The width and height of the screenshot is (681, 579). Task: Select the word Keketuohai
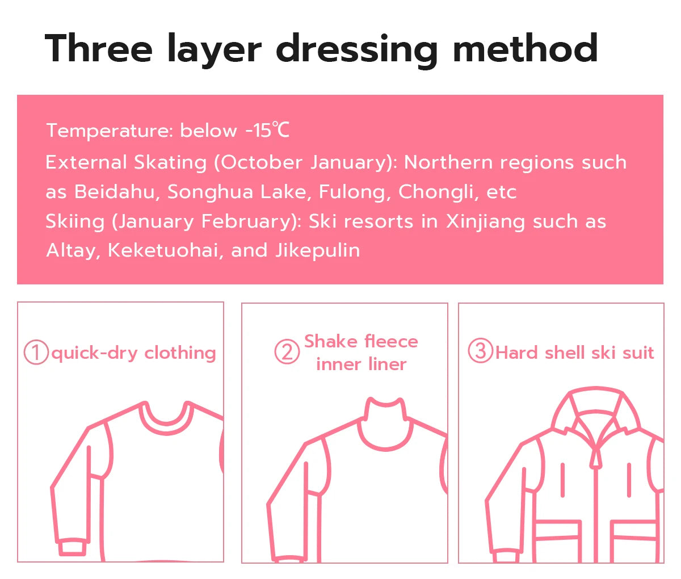[163, 250]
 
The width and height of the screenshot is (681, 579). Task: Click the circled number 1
[36, 353]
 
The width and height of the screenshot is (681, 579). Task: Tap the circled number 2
[287, 353]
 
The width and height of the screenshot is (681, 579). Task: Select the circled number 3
[480, 351]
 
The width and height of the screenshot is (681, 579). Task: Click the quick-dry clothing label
[133, 353]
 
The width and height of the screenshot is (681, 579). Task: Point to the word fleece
[391, 341]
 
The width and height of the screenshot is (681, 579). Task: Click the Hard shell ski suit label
[574, 353]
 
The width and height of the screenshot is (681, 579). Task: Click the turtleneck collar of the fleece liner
[386, 423]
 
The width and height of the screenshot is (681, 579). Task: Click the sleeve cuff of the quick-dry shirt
[73, 548]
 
